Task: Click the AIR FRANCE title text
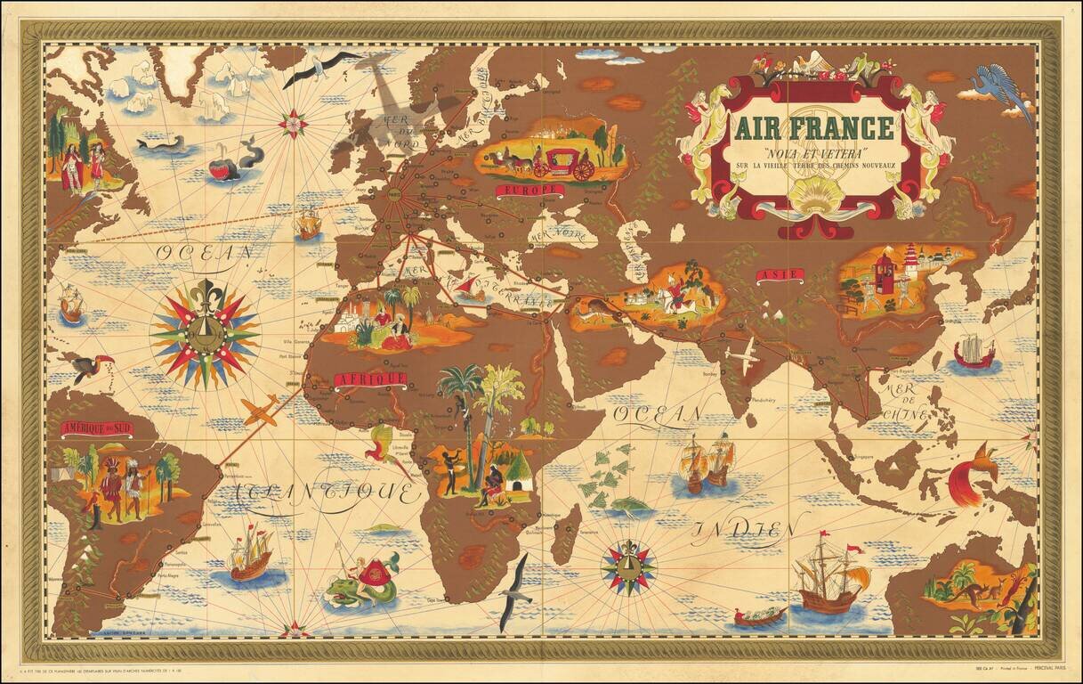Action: [x=813, y=127]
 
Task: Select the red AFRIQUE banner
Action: [x=370, y=379]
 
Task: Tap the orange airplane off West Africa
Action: [x=260, y=411]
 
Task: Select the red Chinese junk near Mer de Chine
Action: [x=974, y=353]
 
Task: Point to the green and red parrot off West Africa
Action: [x=384, y=444]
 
